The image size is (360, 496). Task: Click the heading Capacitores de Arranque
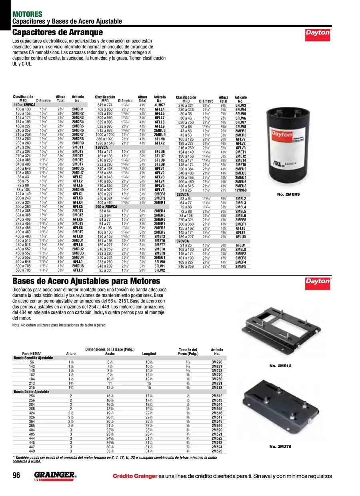(x=58, y=32)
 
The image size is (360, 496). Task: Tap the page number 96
(x=16, y=475)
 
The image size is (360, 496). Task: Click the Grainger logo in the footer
(x=55, y=476)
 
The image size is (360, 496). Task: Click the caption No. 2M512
(x=280, y=366)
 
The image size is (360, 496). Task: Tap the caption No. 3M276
(x=280, y=446)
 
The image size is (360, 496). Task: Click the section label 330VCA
(x=182, y=194)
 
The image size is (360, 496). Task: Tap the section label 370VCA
(x=182, y=241)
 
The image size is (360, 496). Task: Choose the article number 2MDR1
(x=78, y=109)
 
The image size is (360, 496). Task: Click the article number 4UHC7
(x=160, y=105)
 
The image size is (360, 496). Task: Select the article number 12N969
(x=241, y=190)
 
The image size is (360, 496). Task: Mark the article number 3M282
(x=217, y=388)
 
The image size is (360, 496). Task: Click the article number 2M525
(x=217, y=451)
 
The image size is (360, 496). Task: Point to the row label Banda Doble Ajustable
(x=32, y=392)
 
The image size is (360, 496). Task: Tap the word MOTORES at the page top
(x=28, y=14)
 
